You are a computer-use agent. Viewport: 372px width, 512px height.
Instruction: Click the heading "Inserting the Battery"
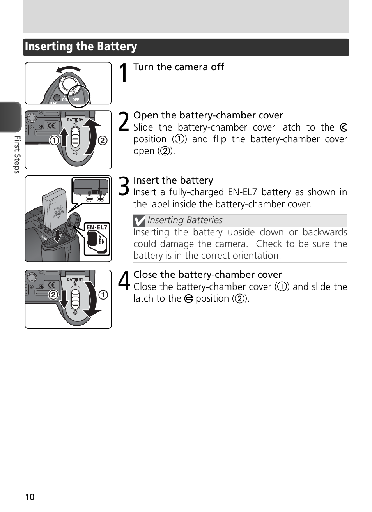[x=81, y=47]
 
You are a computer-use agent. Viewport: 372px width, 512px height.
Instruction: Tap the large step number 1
[x=123, y=73]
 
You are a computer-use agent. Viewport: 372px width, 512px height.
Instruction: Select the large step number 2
[x=123, y=121]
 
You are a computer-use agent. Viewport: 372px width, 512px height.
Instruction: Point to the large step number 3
[x=124, y=186]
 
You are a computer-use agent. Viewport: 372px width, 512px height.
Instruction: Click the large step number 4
[x=124, y=281]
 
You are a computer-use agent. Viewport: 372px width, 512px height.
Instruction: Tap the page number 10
[x=30, y=497]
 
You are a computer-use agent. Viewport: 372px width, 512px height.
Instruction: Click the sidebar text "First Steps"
[x=17, y=155]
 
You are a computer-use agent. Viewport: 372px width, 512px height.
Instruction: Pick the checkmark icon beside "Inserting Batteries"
[x=139, y=221]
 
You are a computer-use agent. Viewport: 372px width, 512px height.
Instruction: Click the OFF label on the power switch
[x=76, y=99]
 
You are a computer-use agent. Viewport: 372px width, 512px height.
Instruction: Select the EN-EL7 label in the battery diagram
[x=97, y=227]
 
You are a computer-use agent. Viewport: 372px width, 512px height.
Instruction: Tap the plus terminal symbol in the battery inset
[x=101, y=199]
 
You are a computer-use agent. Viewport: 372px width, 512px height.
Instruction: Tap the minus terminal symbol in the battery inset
[x=89, y=199]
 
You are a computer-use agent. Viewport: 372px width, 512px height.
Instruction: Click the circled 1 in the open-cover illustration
[x=54, y=140]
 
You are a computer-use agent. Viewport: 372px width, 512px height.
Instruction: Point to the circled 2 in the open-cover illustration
[x=103, y=140]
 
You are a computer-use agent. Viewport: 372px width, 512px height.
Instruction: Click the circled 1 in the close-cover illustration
[x=103, y=295]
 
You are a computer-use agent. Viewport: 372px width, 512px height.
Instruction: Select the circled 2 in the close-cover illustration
[x=53, y=295]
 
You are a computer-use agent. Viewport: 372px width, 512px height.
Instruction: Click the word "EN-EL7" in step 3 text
[x=242, y=192]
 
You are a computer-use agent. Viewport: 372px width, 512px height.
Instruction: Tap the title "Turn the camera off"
[x=179, y=67]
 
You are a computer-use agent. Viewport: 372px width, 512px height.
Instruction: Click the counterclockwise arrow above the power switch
[x=68, y=69]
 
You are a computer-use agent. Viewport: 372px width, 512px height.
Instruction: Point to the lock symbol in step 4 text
[x=189, y=299]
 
